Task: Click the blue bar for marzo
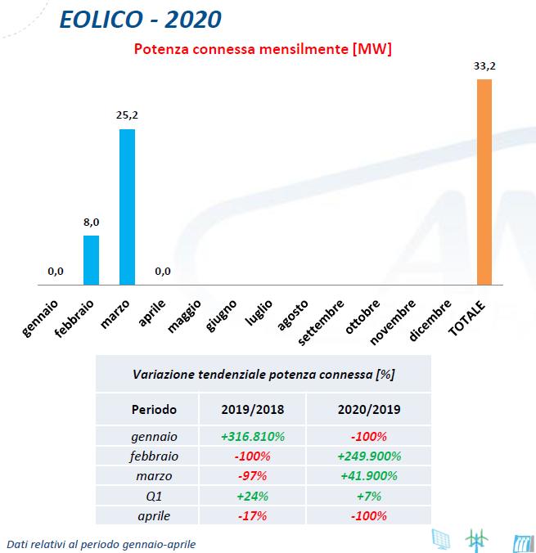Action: point(127,208)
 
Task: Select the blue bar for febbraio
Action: point(91,260)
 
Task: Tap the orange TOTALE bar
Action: point(484,182)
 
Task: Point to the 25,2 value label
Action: point(127,116)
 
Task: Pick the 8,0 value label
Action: point(91,223)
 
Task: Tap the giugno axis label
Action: point(223,317)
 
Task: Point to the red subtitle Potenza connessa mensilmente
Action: point(262,49)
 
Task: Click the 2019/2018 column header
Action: point(253,408)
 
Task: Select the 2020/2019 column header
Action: point(367,408)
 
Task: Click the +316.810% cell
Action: point(253,437)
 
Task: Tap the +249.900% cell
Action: point(367,456)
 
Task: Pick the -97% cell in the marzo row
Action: point(253,475)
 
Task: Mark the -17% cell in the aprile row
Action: point(253,515)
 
